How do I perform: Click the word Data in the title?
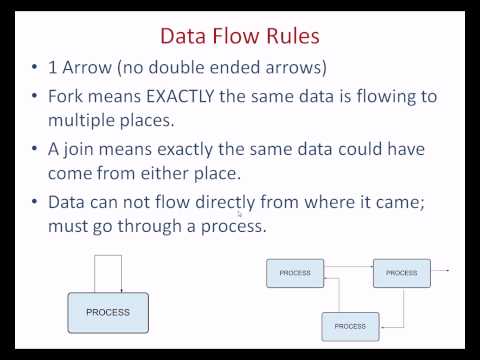[x=183, y=36]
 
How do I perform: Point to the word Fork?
[x=65, y=96]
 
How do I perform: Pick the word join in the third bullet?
[x=79, y=150]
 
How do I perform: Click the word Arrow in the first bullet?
[x=87, y=67]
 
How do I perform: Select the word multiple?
[x=81, y=121]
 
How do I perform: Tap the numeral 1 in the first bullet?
[x=52, y=68]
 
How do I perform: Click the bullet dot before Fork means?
[x=34, y=96]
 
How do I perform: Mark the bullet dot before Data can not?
[x=34, y=202]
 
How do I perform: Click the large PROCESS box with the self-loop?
[x=108, y=313]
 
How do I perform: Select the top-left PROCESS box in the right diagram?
[x=295, y=273]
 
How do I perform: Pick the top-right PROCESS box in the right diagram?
[x=402, y=273]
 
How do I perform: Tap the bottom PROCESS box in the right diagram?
[x=350, y=326]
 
